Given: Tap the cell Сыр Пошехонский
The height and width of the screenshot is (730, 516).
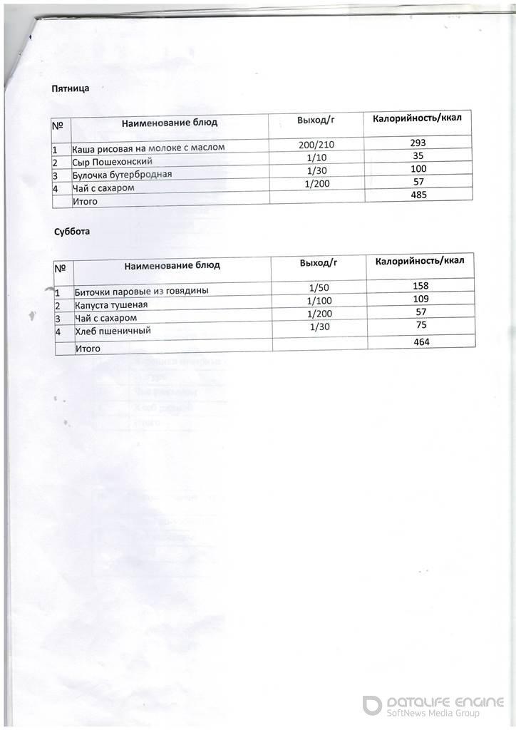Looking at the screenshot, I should click(x=112, y=162).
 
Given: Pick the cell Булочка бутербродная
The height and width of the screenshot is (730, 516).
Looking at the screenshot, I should click(x=122, y=175).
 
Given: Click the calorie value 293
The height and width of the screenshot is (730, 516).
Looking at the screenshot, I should click(x=418, y=143).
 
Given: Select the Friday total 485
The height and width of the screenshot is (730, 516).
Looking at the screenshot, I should click(x=418, y=195).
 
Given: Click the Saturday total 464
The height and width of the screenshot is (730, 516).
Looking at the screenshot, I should click(x=421, y=342).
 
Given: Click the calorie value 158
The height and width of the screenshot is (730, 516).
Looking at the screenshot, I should click(x=421, y=286).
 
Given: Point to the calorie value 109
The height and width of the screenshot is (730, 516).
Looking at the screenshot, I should click(x=421, y=299).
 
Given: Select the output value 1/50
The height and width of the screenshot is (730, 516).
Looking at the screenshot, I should click(x=318, y=288).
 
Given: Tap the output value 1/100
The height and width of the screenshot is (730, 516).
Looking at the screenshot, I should click(x=318, y=301).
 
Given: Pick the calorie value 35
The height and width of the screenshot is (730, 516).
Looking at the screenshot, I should click(x=418, y=155).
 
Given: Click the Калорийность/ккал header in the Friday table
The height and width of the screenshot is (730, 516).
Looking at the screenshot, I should click(x=418, y=118).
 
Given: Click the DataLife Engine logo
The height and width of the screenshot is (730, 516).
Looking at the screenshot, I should click(x=433, y=705).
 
